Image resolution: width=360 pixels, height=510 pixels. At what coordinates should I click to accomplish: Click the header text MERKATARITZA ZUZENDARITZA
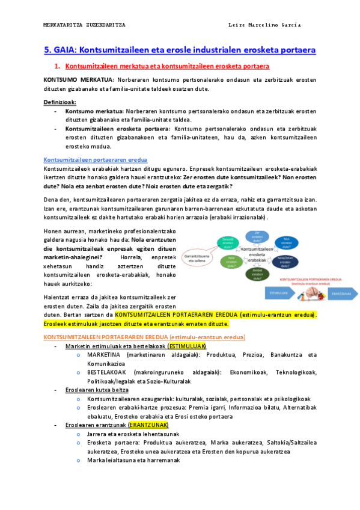tap(85, 25)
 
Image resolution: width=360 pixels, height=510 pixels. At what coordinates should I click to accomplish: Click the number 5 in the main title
tap(47, 51)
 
